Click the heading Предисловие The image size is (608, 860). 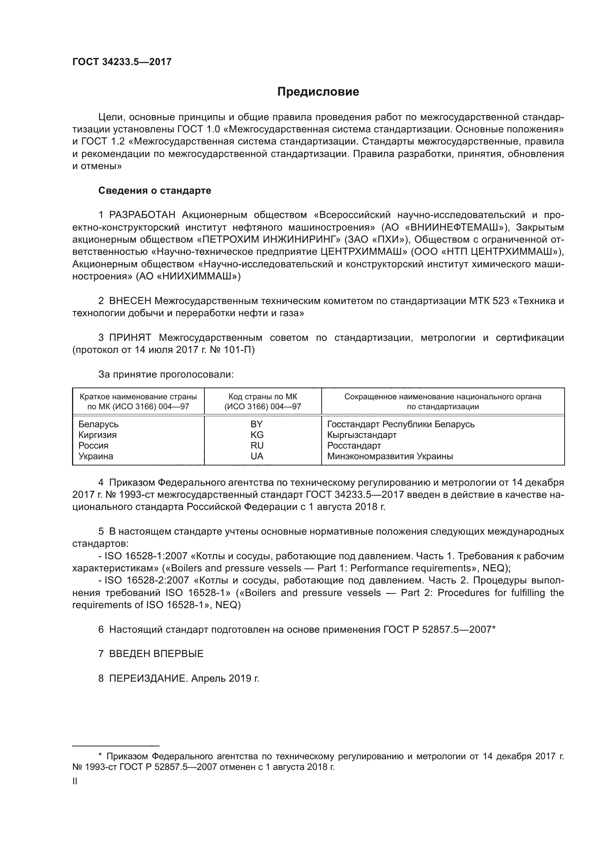[318, 92]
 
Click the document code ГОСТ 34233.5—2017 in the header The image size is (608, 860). [122, 62]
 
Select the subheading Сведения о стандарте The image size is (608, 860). [155, 191]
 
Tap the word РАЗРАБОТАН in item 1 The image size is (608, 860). [142, 215]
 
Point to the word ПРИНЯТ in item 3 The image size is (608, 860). [130, 338]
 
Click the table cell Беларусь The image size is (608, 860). [98, 424]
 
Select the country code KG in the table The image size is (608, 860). [257, 435]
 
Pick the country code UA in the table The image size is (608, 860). [257, 456]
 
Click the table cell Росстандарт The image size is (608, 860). [354, 446]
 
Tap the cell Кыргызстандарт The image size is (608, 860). [362, 435]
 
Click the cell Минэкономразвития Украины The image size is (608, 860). [390, 456]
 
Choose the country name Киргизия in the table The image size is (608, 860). [97, 435]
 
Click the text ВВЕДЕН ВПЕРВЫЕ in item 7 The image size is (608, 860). [156, 654]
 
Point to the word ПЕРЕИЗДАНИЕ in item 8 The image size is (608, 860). [148, 678]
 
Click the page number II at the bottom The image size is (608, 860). [75, 781]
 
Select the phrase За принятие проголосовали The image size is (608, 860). [166, 374]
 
